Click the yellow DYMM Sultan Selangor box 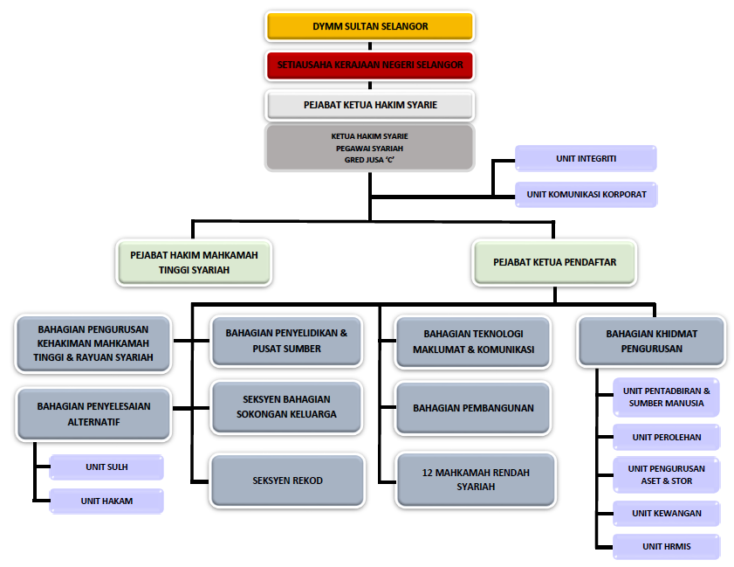[x=370, y=26]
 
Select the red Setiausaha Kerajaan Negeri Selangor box [x=370, y=66]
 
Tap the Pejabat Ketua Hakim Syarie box [x=370, y=105]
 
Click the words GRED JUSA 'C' [x=369, y=160]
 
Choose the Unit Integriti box [x=586, y=158]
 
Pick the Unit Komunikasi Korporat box [x=587, y=195]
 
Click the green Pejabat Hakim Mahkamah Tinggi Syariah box [x=194, y=262]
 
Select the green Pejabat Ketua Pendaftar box [x=554, y=262]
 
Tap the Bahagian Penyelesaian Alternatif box [x=93, y=414]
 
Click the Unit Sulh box [x=106, y=467]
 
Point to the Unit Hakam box [x=106, y=501]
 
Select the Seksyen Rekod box [x=287, y=481]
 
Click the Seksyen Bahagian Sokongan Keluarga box [x=286, y=407]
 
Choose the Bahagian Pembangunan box [x=473, y=408]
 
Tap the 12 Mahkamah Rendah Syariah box [x=476, y=480]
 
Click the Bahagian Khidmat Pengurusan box [x=652, y=341]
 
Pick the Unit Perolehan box [x=667, y=437]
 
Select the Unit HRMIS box [x=667, y=546]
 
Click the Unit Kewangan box [x=667, y=514]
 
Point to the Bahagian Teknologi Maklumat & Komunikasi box [x=473, y=342]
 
